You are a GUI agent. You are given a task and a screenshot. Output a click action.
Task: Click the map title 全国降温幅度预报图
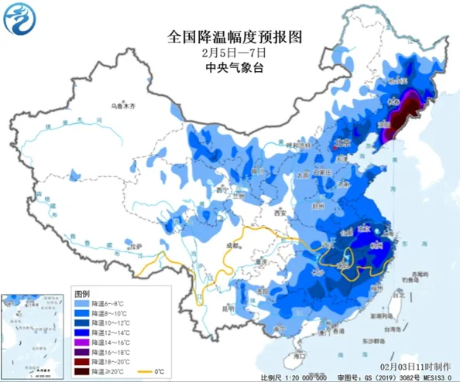233,36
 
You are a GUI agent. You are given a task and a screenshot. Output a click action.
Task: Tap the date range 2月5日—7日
233,52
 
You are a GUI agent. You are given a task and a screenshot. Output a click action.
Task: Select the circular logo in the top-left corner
20,21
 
